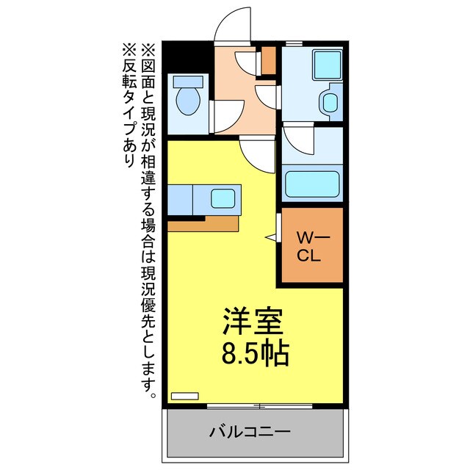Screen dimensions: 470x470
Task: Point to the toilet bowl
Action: pos(188,98)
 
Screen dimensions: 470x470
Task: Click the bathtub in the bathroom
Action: pos(312,183)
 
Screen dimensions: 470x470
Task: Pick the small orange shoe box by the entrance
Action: pos(269,61)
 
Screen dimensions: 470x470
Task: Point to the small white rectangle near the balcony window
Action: pos(184,395)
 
